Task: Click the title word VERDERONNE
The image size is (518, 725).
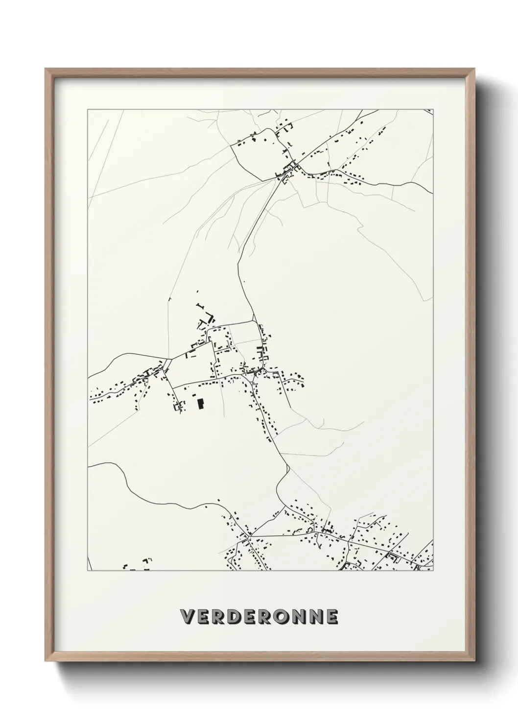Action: pyautogui.click(x=259, y=617)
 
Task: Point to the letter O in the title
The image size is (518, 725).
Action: pyautogui.click(x=283, y=617)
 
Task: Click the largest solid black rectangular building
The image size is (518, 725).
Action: pyautogui.click(x=200, y=403)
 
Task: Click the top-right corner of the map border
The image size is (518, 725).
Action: pyautogui.click(x=433, y=110)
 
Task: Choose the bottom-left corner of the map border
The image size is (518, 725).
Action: pyautogui.click(x=88, y=571)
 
